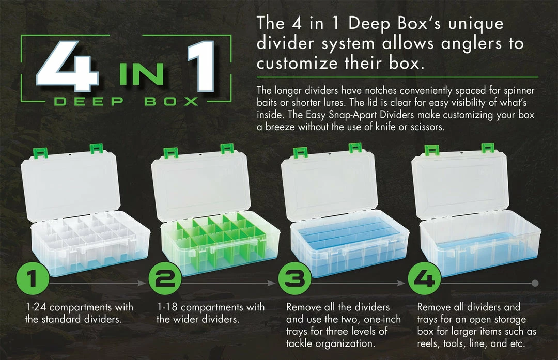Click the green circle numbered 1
33,278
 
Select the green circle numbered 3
295,278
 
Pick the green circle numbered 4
425,278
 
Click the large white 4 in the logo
68,67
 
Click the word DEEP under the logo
89,102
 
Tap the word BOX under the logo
171,102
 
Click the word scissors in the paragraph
427,127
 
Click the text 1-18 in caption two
167,307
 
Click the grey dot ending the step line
535,283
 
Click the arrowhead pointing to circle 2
143,283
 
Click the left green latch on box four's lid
431,150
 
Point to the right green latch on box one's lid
96,148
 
